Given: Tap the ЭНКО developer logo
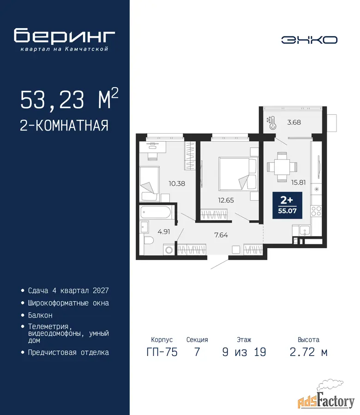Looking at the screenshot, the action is click(309, 40).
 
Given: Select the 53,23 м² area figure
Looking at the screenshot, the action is click(69, 99).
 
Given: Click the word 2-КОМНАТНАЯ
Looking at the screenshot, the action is click(64, 125).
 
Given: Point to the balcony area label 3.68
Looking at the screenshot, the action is click(294, 122).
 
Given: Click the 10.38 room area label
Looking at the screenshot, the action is click(177, 184).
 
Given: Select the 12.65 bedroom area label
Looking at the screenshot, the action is click(226, 201).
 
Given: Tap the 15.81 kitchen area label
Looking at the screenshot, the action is click(298, 182).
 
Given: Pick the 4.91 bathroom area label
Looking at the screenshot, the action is click(164, 232).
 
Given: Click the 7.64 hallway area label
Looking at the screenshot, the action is click(221, 235).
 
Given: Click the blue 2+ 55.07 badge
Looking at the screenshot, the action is click(288, 205).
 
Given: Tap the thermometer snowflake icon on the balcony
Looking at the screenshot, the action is click(271, 123).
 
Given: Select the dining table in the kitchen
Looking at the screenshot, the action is click(282, 167).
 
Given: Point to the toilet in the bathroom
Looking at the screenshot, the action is click(149, 241).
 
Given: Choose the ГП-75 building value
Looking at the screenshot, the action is click(162, 352).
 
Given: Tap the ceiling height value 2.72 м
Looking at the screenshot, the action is click(309, 352).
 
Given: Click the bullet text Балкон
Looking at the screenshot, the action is click(40, 315).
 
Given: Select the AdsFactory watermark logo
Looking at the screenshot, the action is click(326, 397).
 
